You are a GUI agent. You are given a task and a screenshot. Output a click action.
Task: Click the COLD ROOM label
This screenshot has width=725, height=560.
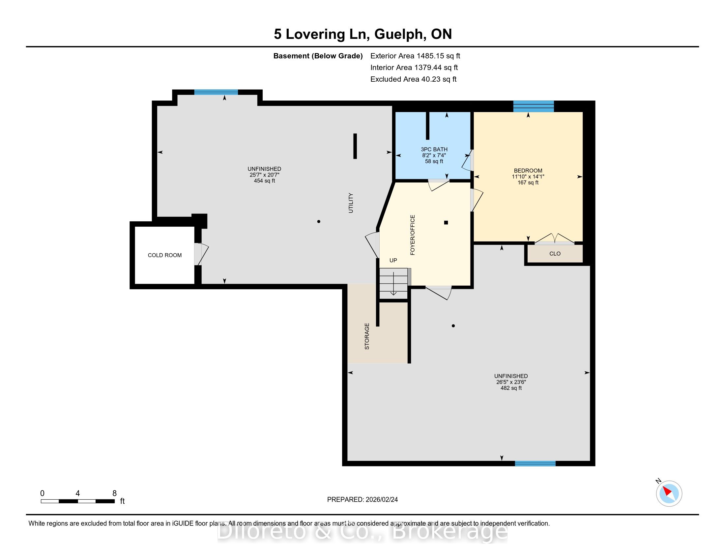pos(165,255)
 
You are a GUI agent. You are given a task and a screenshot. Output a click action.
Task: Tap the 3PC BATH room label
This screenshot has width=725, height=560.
pos(434,149)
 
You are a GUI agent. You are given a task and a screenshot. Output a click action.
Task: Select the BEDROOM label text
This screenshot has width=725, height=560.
pos(528,171)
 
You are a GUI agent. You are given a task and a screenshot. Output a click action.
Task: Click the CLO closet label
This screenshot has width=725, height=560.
pos(555,253)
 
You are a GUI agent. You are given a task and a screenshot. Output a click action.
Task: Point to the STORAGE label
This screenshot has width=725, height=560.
pos(367,336)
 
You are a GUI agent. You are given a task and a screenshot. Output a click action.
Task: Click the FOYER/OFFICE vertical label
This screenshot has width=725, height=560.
pos(413,235)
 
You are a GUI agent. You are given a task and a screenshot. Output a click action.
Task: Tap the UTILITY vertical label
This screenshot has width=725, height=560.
pos(351,203)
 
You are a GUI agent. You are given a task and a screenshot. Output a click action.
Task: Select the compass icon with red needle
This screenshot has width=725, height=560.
pos(669,493)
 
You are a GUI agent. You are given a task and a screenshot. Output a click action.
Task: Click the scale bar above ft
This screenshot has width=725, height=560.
pos(78,501)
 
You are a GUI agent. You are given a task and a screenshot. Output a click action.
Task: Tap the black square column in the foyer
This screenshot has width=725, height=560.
pos(446,223)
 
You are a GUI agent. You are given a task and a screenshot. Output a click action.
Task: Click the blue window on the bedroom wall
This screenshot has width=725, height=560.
pos(534,106)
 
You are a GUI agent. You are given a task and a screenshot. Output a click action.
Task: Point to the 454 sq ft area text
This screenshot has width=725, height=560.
pos(264,181)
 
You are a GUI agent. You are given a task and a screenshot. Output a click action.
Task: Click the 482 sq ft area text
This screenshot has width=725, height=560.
pos(511,388)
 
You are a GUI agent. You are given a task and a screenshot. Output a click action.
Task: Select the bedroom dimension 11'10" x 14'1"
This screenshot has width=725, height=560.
pos(528,177)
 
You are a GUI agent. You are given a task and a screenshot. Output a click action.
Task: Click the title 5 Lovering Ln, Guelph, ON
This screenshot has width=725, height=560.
pos(363,34)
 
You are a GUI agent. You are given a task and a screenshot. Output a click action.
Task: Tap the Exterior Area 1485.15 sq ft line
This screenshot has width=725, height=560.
pos(415,56)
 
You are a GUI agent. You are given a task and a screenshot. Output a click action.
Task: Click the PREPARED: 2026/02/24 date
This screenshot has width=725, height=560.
pos(362,500)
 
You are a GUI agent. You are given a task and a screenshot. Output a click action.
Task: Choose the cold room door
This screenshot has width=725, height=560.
pos(201,254)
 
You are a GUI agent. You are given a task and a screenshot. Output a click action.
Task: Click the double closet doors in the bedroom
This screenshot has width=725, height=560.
pos(554,239)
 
